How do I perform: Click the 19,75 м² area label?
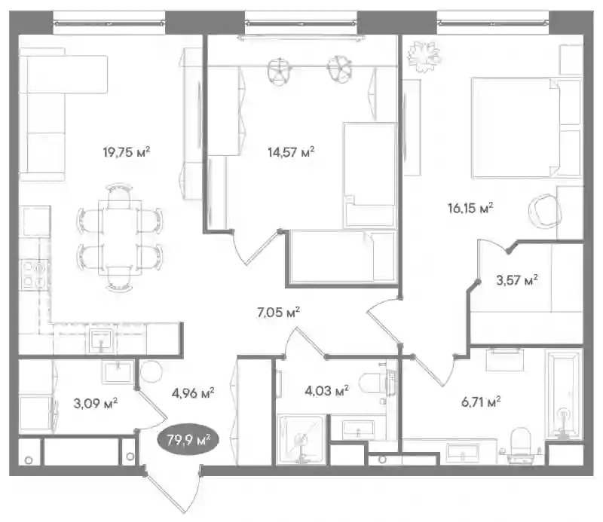pyautogui.click(x=126, y=152)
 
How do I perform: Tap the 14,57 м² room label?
pyautogui.click(x=291, y=152)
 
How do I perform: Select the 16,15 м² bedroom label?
pyautogui.click(x=470, y=209)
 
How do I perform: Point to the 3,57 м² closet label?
pyautogui.click(x=517, y=280)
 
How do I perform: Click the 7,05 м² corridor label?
pyautogui.click(x=278, y=313)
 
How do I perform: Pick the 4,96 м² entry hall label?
pyautogui.click(x=193, y=393)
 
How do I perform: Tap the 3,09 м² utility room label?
pyautogui.click(x=96, y=403)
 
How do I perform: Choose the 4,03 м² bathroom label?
pyautogui.click(x=326, y=391)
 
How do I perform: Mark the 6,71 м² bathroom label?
pyautogui.click(x=481, y=402)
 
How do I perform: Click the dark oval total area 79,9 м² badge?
pyautogui.click(x=188, y=440)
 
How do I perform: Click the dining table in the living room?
pyautogui.click(x=120, y=237)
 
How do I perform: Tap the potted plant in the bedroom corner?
pyautogui.click(x=424, y=57)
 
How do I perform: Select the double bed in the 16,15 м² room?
pyautogui.click(x=526, y=127)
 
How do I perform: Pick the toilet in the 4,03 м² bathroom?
pyautogui.click(x=375, y=383)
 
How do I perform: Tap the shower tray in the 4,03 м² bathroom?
pyautogui.click(x=301, y=439)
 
